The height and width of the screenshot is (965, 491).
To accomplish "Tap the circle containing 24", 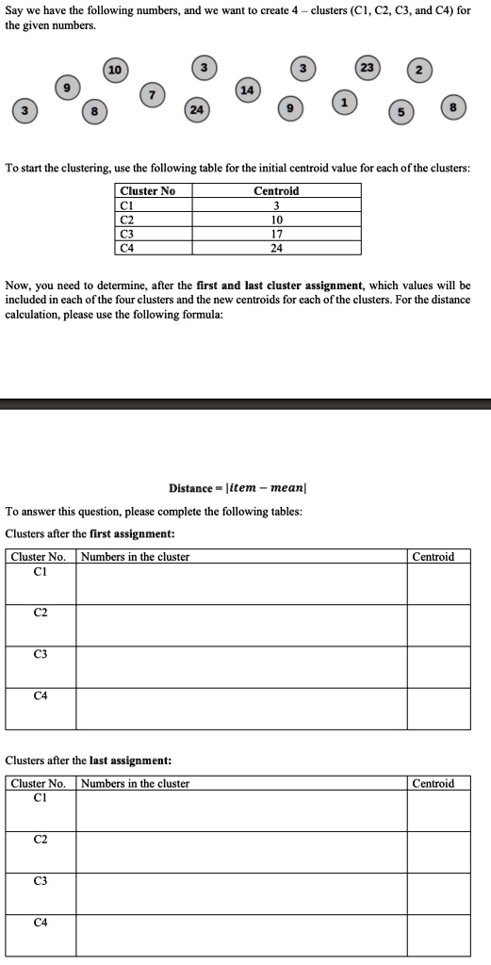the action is tap(197, 108).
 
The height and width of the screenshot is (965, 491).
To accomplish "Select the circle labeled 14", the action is tap(247, 90).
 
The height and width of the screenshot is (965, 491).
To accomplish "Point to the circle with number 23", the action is tap(367, 68).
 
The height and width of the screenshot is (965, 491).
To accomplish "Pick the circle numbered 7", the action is tap(153, 96).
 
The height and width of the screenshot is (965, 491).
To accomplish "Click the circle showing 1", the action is tap(346, 101).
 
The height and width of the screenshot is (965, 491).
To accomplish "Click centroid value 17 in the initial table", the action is tap(276, 234).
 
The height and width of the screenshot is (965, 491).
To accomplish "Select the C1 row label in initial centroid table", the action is tap(125, 205).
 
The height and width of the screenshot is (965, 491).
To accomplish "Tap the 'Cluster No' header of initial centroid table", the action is tap(147, 190).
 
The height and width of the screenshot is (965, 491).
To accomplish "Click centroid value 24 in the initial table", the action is tap(276, 248).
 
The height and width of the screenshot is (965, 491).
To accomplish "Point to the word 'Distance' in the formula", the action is tap(190, 488).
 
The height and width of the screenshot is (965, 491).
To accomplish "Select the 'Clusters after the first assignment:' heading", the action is tap(90, 533).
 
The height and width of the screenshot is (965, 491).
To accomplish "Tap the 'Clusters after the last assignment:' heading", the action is tap(89, 760).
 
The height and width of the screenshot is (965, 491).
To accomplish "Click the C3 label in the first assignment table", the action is tap(41, 654).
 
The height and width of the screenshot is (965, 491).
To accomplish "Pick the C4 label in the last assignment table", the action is tap(41, 922).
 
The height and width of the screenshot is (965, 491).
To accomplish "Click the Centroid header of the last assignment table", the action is tap(434, 783).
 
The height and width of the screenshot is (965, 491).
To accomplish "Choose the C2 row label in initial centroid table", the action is tap(125, 220).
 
